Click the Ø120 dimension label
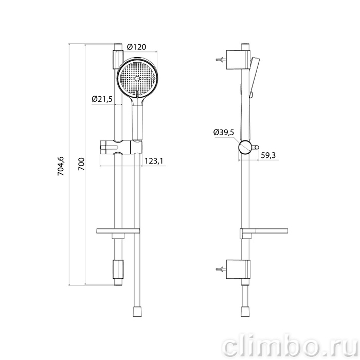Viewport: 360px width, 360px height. point(136,47)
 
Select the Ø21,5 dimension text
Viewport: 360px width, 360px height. point(102,99)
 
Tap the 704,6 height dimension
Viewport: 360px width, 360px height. point(61,166)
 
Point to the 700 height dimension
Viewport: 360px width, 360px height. point(81,164)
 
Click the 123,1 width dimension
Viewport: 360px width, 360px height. point(154,161)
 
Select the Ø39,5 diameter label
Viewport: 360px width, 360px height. point(224,132)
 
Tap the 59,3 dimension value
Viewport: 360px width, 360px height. point(268,155)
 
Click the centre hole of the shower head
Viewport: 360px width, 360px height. point(137,79)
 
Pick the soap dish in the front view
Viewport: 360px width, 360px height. point(118,231)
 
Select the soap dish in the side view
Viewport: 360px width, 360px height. point(264,231)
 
